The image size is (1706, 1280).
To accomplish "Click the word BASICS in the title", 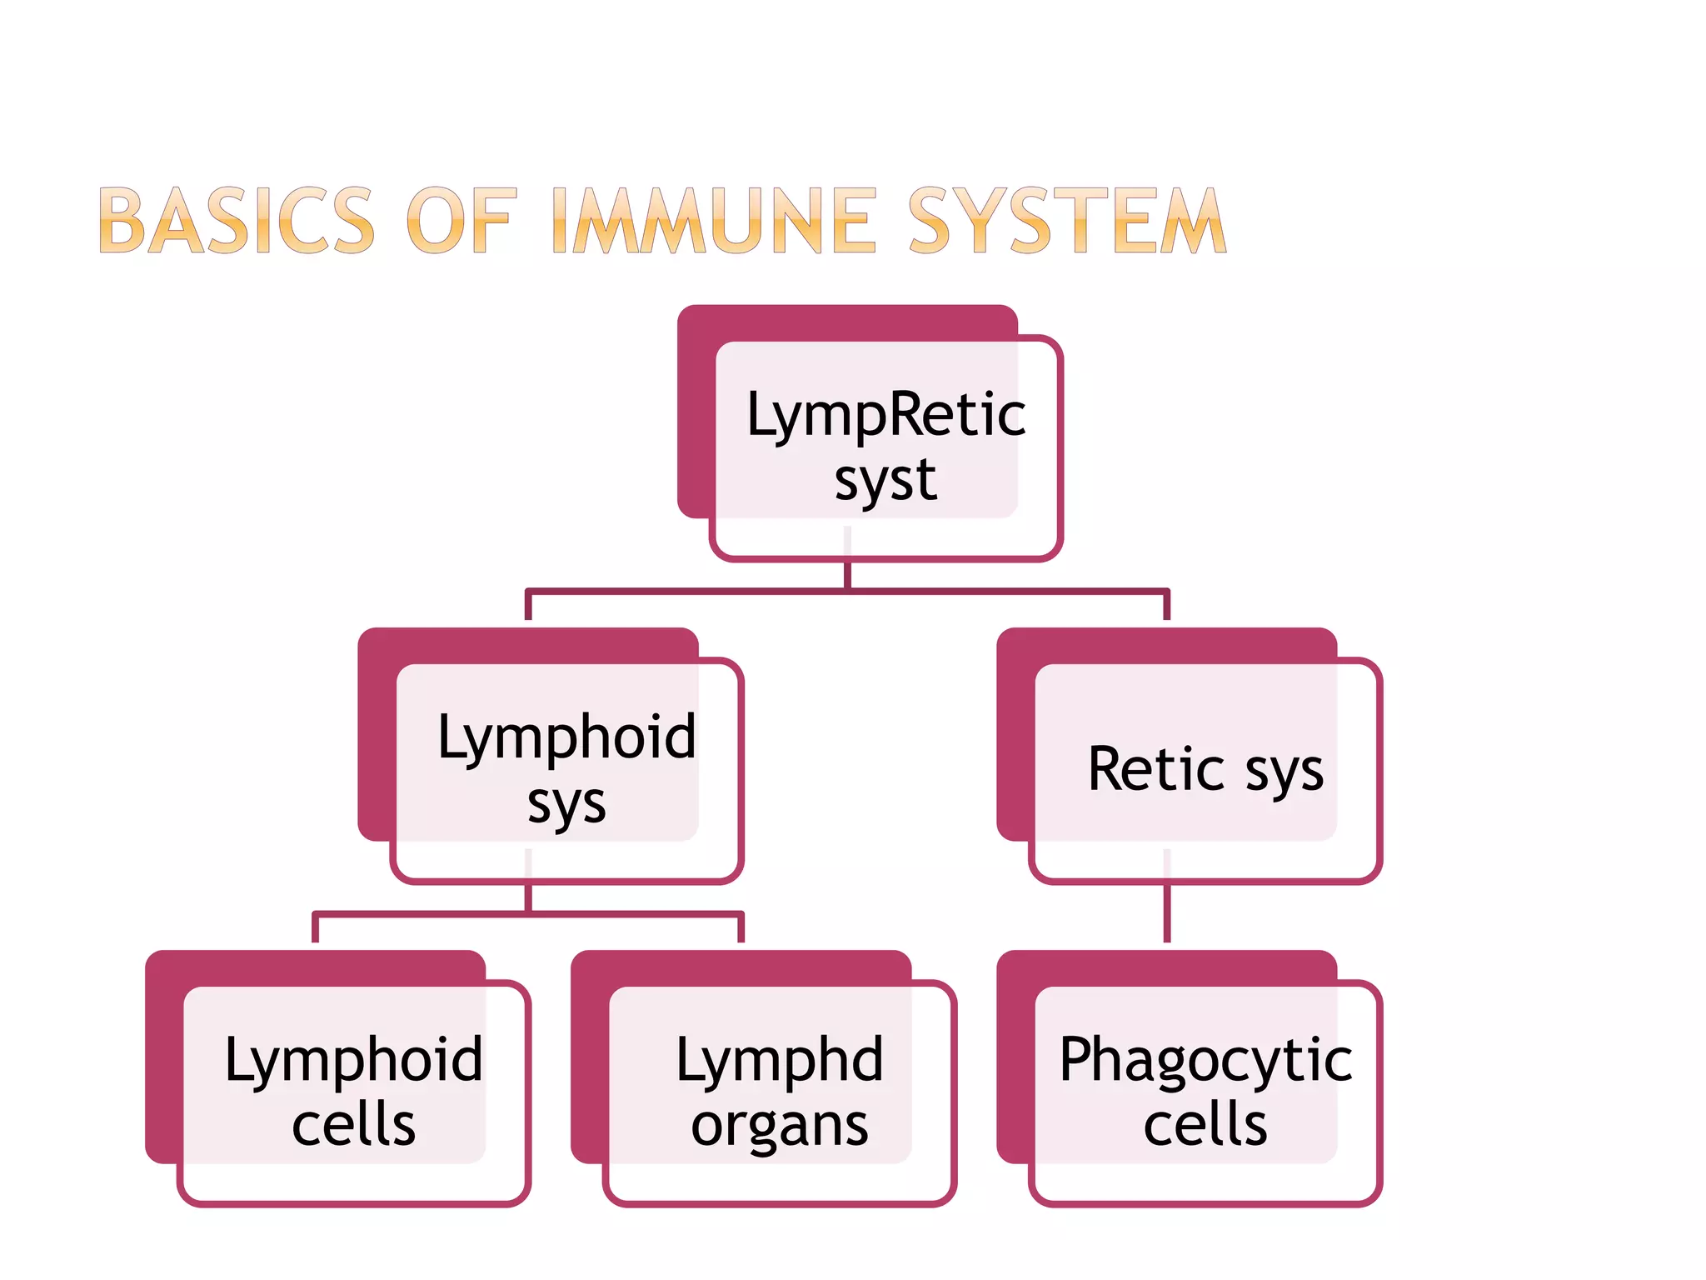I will click(237, 221).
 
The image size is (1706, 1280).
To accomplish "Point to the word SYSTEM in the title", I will click(1066, 221).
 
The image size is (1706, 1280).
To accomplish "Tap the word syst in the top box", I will click(885, 481).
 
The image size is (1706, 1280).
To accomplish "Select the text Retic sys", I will click(1205, 769).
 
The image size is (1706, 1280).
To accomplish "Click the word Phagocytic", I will click(1205, 1060).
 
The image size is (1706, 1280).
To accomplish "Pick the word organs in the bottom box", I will click(780, 1126).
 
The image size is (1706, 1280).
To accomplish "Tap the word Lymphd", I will click(780, 1060).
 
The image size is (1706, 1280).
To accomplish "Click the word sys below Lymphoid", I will click(566, 805).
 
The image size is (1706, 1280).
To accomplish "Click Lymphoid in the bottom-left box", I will click(353, 1060).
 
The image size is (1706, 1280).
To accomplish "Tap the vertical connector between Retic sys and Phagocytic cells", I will click(1167, 913).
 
